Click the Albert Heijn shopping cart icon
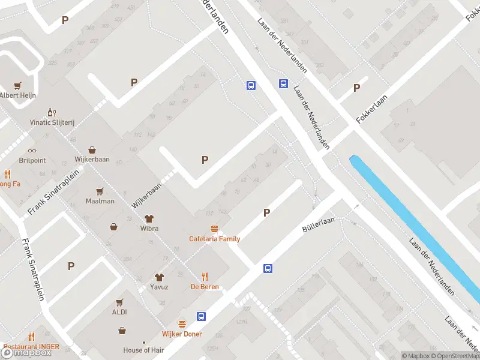pyautogui.click(x=18, y=85)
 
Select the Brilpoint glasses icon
pyautogui.click(x=32, y=151)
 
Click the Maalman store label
pyautogui.click(x=100, y=201)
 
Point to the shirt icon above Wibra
pyautogui.click(x=149, y=218)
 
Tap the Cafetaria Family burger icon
pyautogui.click(x=214, y=229)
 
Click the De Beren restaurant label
pyautogui.click(x=205, y=287)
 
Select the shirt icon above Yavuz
pyautogui.click(x=159, y=277)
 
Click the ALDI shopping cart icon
pyautogui.click(x=119, y=302)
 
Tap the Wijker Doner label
pyautogui.click(x=182, y=334)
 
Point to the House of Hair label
pyautogui.click(x=144, y=350)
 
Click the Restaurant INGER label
pyautogui.click(x=32, y=346)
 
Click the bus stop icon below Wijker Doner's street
pyautogui.click(x=202, y=316)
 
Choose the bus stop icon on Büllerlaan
pyautogui.click(x=268, y=269)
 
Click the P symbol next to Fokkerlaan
pyautogui.click(x=356, y=88)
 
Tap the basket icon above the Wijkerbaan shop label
pyautogui.click(x=92, y=150)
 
